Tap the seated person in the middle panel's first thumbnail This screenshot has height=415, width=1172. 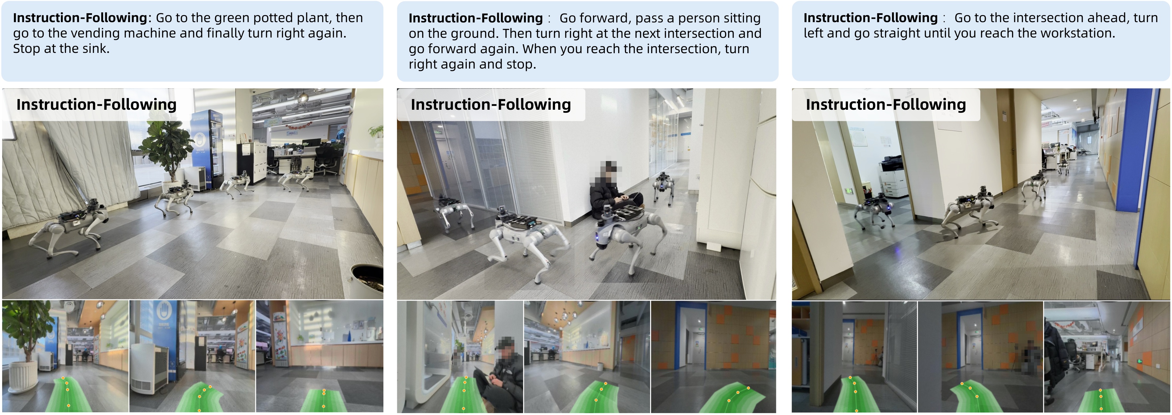point(501,377)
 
